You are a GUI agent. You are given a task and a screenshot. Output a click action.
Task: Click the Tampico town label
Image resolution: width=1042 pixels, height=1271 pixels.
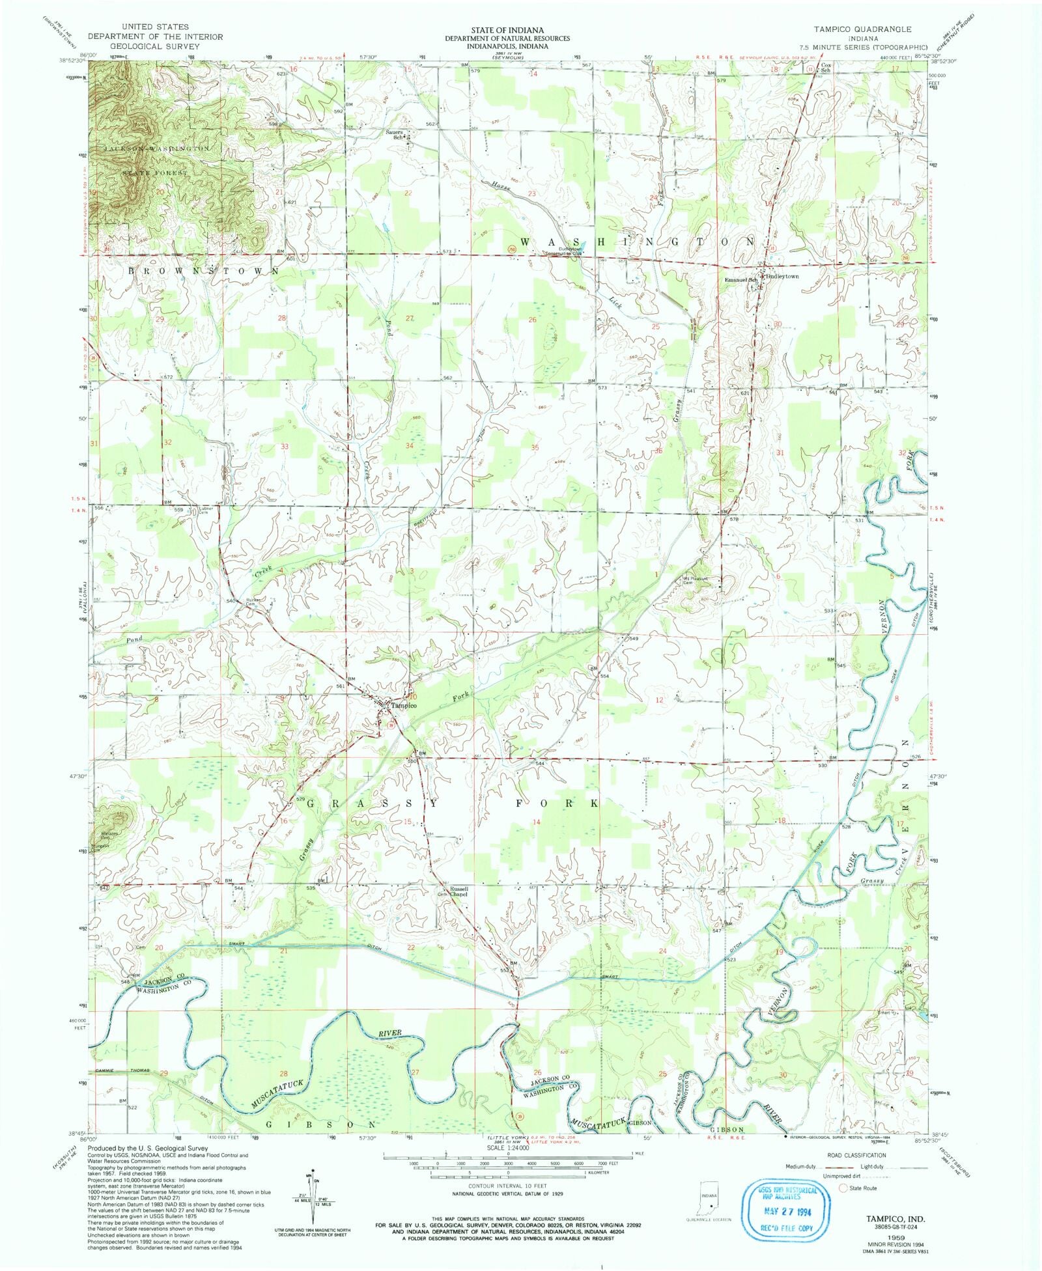(403, 705)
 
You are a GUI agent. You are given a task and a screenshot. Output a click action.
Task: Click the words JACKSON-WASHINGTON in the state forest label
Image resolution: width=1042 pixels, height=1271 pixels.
(156, 149)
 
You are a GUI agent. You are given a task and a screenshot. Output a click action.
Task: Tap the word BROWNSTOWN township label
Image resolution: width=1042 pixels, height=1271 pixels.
(204, 270)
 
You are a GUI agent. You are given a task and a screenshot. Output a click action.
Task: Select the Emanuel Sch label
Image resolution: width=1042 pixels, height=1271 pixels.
(741, 280)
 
